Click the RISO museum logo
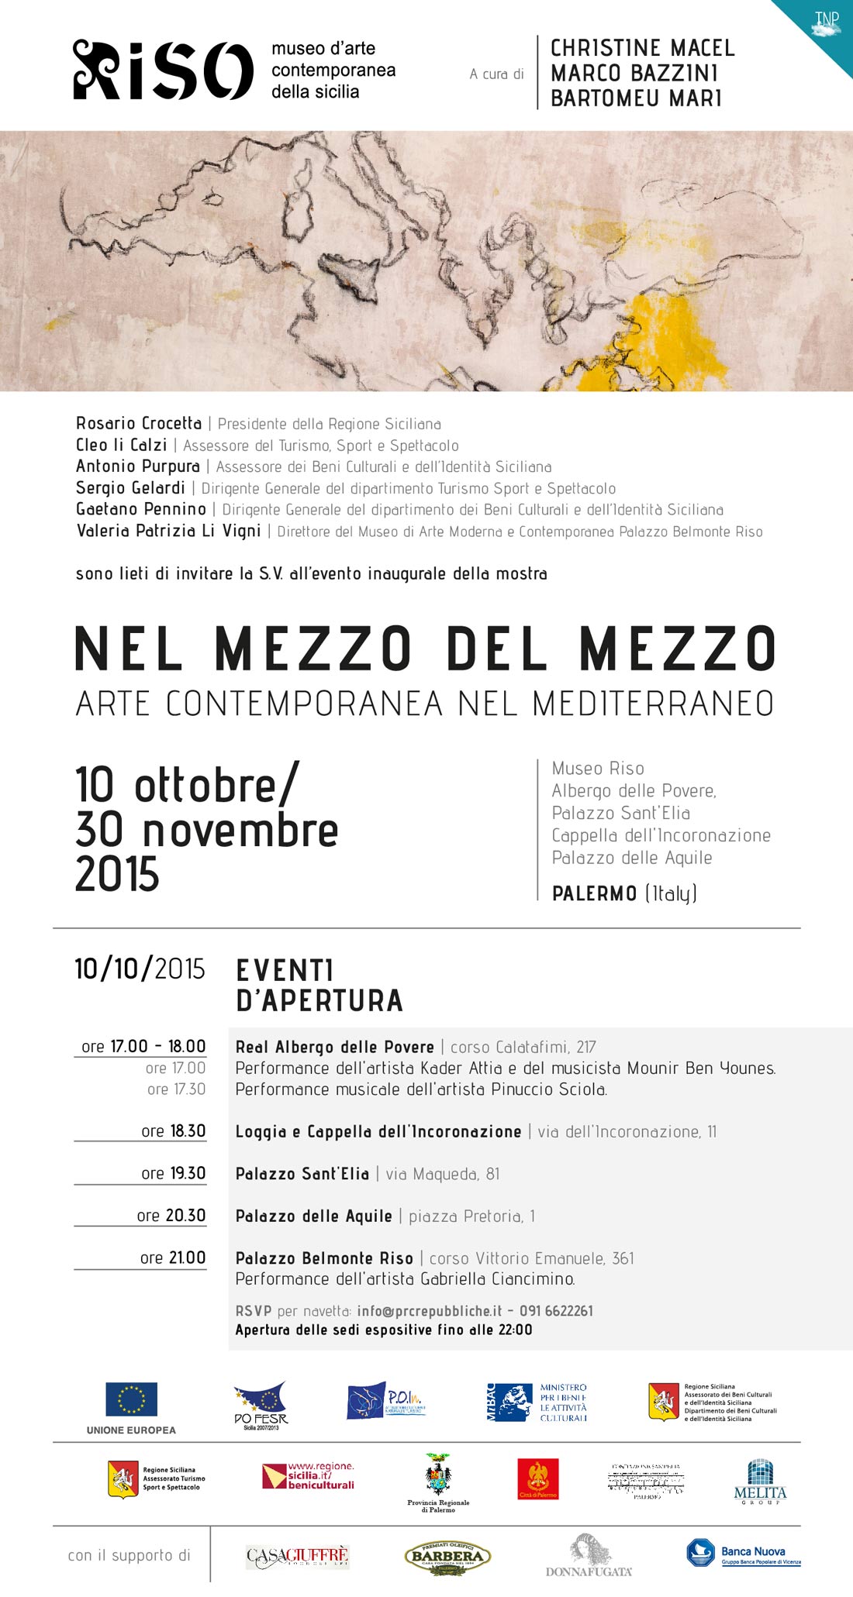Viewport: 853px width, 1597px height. coord(163,71)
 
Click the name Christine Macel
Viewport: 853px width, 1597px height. coord(642,48)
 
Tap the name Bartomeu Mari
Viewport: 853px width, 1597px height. coord(636,98)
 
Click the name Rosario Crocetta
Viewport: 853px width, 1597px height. coord(139,423)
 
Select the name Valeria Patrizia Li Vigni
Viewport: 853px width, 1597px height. coord(168,531)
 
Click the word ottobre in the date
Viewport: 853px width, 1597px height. coord(205,786)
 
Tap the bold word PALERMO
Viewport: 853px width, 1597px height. coord(594,893)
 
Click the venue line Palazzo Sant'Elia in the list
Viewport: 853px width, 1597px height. coord(620,813)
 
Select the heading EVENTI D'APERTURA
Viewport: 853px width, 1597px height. coord(319,985)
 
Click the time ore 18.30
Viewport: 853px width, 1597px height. coord(173,1131)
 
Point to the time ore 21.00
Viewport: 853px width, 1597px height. coord(172,1258)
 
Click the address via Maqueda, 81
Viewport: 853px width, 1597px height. coord(443,1174)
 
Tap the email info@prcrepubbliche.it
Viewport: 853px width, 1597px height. coord(430,1311)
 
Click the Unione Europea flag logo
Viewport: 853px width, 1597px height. coord(131,1399)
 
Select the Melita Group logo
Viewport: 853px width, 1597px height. coord(760,1482)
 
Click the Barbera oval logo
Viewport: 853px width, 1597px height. coord(447,1555)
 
